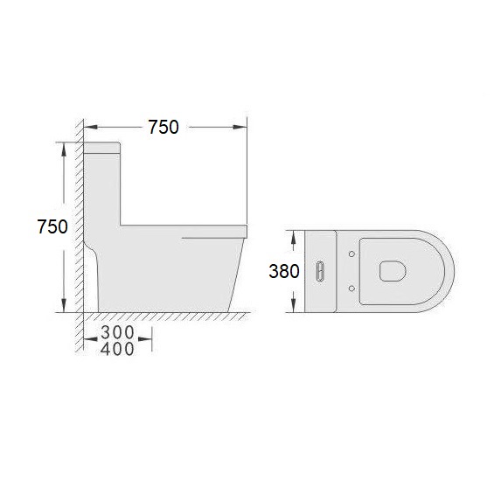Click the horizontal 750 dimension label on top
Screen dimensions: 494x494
pos(164,128)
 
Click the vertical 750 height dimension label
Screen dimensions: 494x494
pos(52,226)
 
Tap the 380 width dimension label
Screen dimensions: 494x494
pos(284,271)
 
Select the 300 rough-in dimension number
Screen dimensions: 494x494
pos(117,332)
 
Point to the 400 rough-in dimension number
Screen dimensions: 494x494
pos(117,349)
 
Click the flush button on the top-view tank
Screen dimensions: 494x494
pos(320,271)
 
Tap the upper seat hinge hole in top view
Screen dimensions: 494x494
pos(351,254)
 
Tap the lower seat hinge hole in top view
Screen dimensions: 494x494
pos(351,289)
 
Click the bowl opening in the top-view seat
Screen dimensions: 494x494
pos(393,271)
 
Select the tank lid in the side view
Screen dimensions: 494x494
pos(101,148)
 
